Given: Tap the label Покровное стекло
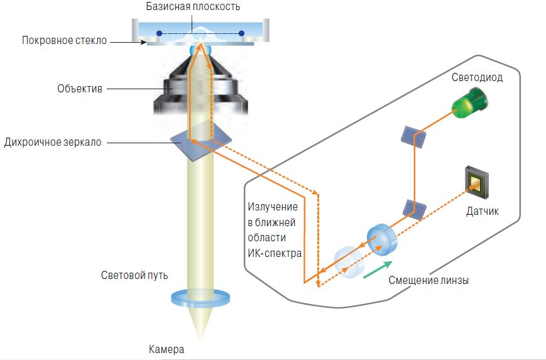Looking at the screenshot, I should coord(65,41).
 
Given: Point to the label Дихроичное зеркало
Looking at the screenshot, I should coord(53,142).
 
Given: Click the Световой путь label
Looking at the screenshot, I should coord(134,275).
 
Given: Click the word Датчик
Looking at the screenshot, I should coord(483,211).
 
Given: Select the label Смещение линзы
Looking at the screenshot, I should coord(429,280).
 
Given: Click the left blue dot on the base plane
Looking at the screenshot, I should coord(159,33).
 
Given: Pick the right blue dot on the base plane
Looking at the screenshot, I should coord(242,33).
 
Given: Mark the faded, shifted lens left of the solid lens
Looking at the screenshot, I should coord(349,262).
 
